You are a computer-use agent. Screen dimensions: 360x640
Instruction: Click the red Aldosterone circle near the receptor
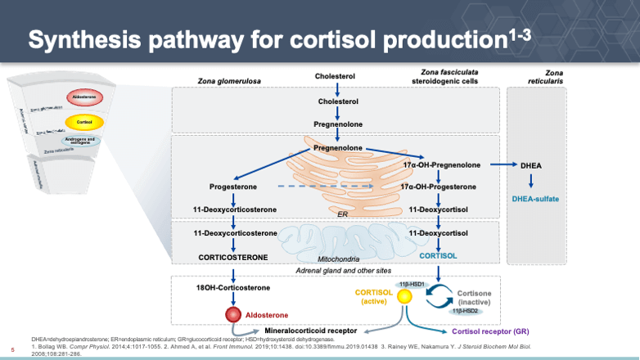(232, 315)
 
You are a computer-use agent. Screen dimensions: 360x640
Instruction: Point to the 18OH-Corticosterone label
(232, 289)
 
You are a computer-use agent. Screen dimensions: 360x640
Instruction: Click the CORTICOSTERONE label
(232, 257)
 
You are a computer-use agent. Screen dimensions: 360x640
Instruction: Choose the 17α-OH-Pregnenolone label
(439, 165)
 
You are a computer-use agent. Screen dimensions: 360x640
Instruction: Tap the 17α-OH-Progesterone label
(439, 187)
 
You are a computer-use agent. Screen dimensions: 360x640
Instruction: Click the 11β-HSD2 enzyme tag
(464, 310)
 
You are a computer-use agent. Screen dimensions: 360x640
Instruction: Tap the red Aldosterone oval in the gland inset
(83, 97)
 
